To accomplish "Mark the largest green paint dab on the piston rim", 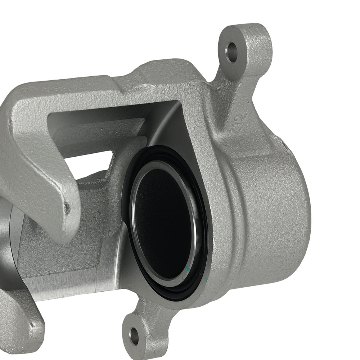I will pyautogui.click(x=186, y=268).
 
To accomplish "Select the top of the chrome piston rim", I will pyautogui.click(x=158, y=164).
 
